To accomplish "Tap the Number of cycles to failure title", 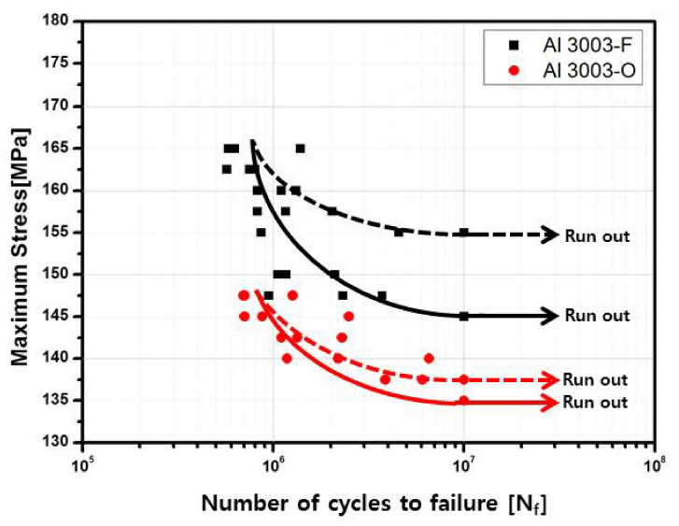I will (372, 505).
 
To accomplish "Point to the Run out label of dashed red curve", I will (596, 380).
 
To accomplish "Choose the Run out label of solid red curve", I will (596, 403).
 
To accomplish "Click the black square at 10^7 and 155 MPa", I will (464, 233).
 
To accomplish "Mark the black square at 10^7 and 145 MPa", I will (464, 316).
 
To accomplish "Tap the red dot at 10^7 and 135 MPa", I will (464, 401).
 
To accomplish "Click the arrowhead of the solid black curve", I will (553, 317).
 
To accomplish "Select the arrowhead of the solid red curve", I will (553, 403).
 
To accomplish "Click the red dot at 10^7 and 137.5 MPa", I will (464, 379).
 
